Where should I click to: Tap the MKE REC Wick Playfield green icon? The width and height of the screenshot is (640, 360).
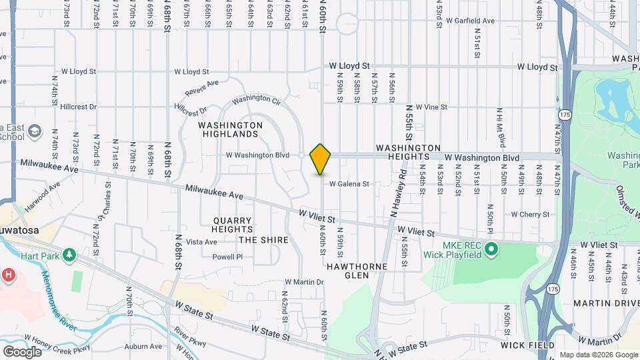point(492,250)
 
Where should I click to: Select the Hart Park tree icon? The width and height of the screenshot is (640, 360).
point(68,255)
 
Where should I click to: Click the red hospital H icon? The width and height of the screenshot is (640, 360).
point(9,274)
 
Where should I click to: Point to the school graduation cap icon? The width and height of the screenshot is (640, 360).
point(33,133)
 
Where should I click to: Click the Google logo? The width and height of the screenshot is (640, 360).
point(22,351)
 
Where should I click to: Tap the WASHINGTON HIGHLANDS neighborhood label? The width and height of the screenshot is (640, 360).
point(231,130)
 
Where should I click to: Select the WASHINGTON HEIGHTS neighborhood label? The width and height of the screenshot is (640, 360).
point(408,152)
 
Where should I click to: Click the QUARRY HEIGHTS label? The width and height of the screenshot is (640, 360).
point(233,225)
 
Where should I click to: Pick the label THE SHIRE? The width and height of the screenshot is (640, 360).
point(263,240)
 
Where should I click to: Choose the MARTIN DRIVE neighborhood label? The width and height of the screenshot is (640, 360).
point(603,303)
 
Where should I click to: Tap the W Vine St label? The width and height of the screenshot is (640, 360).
point(431,107)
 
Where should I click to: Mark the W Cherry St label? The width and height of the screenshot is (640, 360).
point(530,215)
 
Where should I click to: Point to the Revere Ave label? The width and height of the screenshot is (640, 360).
point(203,87)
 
